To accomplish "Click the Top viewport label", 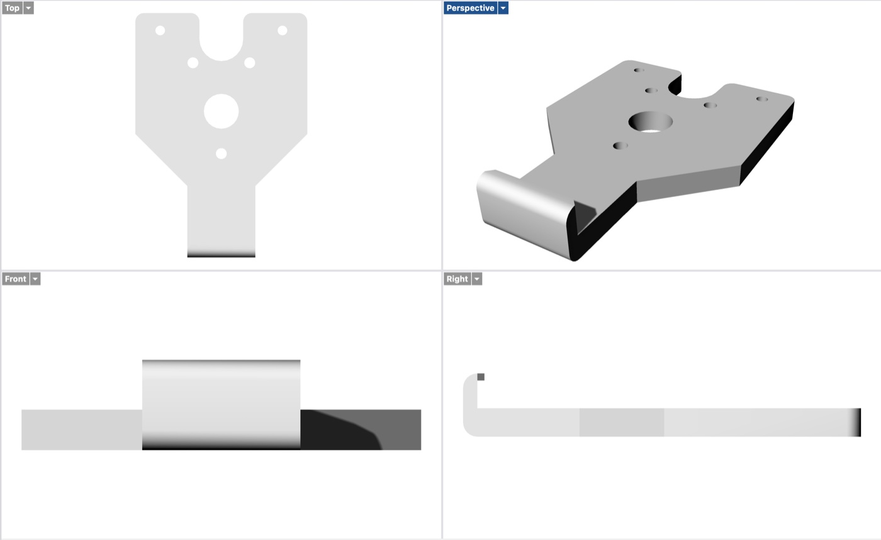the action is [12, 8].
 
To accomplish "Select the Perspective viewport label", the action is [471, 8].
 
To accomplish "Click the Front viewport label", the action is [15, 279].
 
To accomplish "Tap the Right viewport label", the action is [457, 279].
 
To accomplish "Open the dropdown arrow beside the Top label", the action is [28, 8].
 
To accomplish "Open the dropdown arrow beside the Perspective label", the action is [503, 8].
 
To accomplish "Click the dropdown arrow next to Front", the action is [35, 279].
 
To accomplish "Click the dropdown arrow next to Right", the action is [477, 279].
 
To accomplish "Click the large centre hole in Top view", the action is [221, 111].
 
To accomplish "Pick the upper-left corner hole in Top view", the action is [160, 30].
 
